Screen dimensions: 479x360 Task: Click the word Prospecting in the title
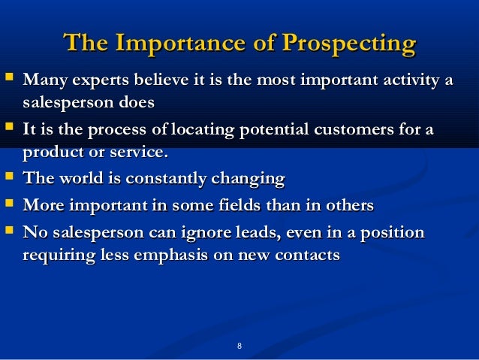(x=349, y=44)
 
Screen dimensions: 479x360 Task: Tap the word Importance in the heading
(x=180, y=44)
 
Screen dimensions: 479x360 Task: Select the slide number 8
(x=239, y=346)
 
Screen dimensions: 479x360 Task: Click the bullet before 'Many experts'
(x=9, y=76)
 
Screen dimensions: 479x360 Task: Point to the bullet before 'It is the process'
(x=9, y=126)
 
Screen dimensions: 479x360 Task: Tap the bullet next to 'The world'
(x=9, y=176)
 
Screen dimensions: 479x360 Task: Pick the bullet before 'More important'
(x=9, y=203)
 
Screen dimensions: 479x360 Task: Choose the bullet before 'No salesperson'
(x=9, y=230)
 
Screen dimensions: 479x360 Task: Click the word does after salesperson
(x=137, y=102)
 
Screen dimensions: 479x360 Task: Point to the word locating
(x=203, y=130)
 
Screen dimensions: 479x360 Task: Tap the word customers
(x=354, y=129)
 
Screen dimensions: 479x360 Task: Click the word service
(x=139, y=152)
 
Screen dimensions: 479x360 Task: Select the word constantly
(x=166, y=179)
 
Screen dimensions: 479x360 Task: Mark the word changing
(x=248, y=179)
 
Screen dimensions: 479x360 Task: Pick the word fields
(x=239, y=205)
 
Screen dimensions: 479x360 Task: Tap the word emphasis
(x=171, y=256)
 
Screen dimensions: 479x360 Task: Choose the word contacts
(x=307, y=256)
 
